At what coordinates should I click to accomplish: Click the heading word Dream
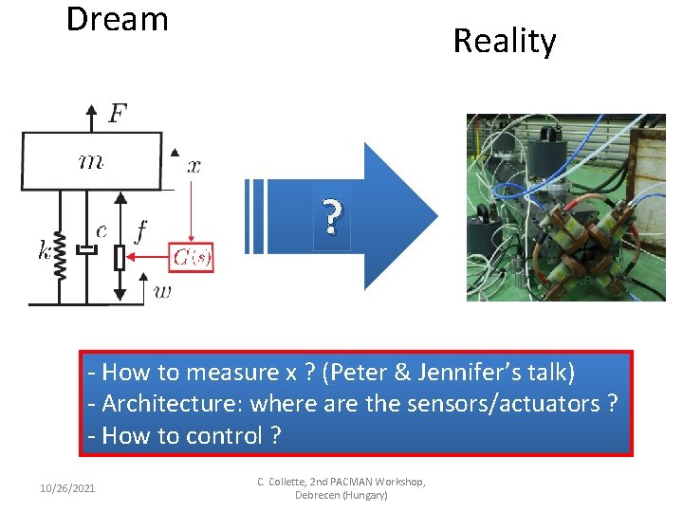click(x=117, y=19)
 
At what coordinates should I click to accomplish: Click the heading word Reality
click(x=504, y=41)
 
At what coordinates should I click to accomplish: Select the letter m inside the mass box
click(x=91, y=161)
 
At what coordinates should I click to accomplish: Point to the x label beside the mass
click(x=193, y=166)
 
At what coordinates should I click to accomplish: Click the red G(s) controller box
click(x=192, y=256)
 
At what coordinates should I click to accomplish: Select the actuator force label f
click(x=140, y=230)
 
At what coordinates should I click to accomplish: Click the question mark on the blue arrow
click(x=330, y=219)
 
